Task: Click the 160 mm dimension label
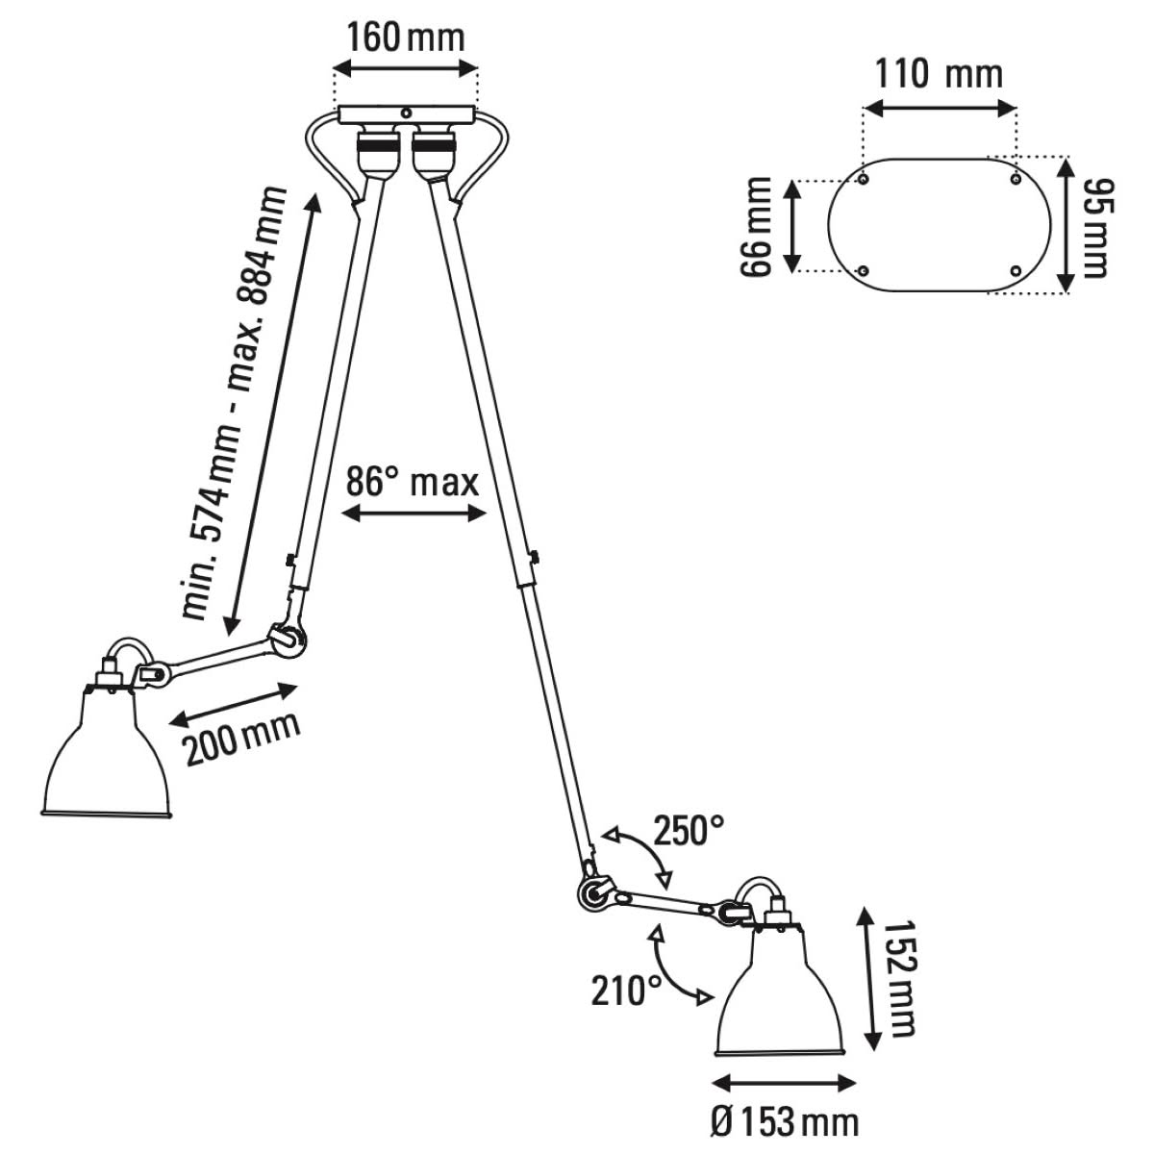pyautogui.click(x=405, y=38)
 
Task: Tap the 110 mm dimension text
pyautogui.click(x=939, y=73)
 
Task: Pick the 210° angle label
pyautogui.click(x=626, y=990)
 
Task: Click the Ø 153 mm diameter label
pyautogui.click(x=783, y=1121)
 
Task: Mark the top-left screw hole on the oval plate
pyautogui.click(x=865, y=180)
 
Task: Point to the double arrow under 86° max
pyautogui.click(x=414, y=515)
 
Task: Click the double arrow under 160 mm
pyautogui.click(x=405, y=67)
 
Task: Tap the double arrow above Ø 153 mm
pyautogui.click(x=785, y=1083)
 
